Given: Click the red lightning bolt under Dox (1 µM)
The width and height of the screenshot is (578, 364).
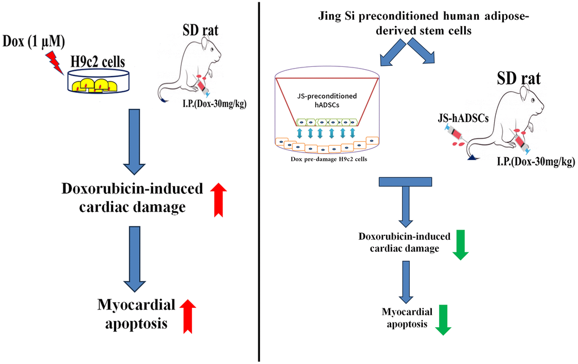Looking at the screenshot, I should point(57,61).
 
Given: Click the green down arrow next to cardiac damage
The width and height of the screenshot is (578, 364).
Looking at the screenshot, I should point(460,244).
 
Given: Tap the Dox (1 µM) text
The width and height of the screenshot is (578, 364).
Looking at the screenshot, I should point(33,41).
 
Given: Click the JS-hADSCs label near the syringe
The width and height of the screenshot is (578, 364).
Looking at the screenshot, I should point(452,117).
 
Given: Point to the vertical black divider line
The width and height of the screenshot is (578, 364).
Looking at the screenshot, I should point(260,181).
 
